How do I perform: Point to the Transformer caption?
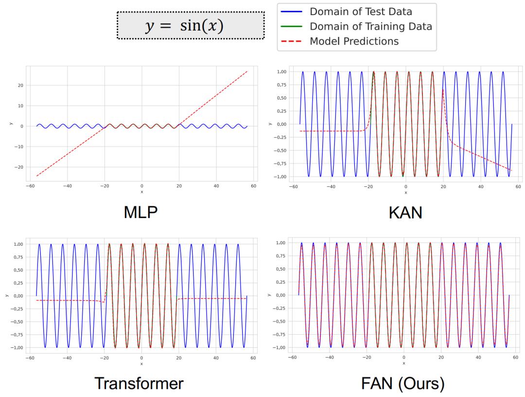pos(139,383)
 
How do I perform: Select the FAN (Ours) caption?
pos(403,383)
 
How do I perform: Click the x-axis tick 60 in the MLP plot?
pos(253,186)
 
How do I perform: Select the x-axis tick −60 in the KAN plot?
pos(292,186)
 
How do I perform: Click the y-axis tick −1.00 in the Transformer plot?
pos(20,347)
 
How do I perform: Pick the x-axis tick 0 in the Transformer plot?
pos(141,358)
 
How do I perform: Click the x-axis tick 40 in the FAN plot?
pos(479,358)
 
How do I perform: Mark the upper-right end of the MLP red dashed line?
pos(247,71)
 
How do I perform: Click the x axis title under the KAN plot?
pos(405,192)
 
